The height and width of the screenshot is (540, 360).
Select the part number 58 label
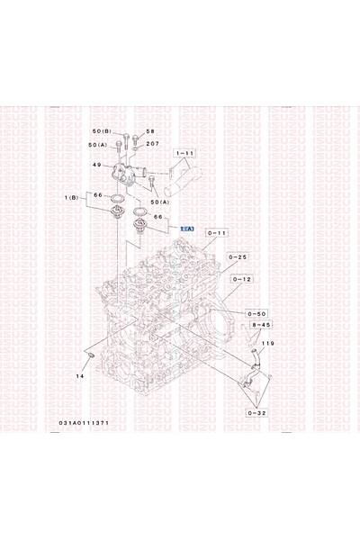(150, 132)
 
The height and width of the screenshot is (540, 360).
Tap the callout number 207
(152, 144)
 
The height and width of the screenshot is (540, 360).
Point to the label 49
(98, 165)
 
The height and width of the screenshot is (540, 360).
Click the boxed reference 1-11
(185, 154)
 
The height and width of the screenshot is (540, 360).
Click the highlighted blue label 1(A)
(187, 229)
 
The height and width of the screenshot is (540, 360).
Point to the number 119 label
(267, 343)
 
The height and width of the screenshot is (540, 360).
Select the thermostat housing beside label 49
(130, 171)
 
